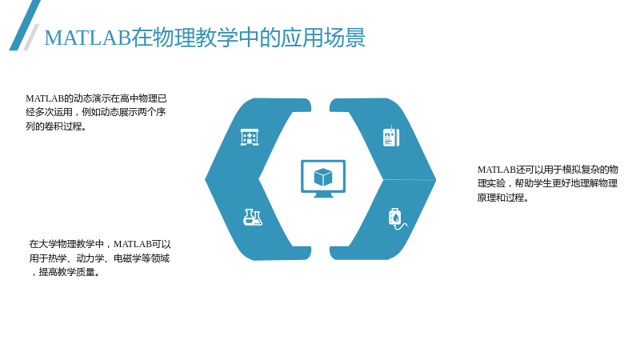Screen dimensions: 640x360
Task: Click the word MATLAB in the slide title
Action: [87, 38]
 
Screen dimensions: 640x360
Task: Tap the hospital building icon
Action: [250, 137]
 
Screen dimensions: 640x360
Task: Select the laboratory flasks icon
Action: [253, 217]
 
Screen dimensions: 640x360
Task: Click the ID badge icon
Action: [391, 136]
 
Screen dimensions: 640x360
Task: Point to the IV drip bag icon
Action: [397, 218]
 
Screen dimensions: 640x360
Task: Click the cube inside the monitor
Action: [323, 177]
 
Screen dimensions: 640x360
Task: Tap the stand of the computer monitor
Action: [323, 195]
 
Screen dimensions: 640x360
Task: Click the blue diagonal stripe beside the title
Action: [25, 26]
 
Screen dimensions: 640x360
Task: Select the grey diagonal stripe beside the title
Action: [31, 37]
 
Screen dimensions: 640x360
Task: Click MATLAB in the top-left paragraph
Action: [45, 98]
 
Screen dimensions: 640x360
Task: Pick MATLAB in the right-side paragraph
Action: [497, 170]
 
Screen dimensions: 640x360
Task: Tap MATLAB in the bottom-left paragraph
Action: [133, 244]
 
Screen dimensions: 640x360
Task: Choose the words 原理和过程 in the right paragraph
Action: [501, 198]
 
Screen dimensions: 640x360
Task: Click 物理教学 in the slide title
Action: [195, 38]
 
